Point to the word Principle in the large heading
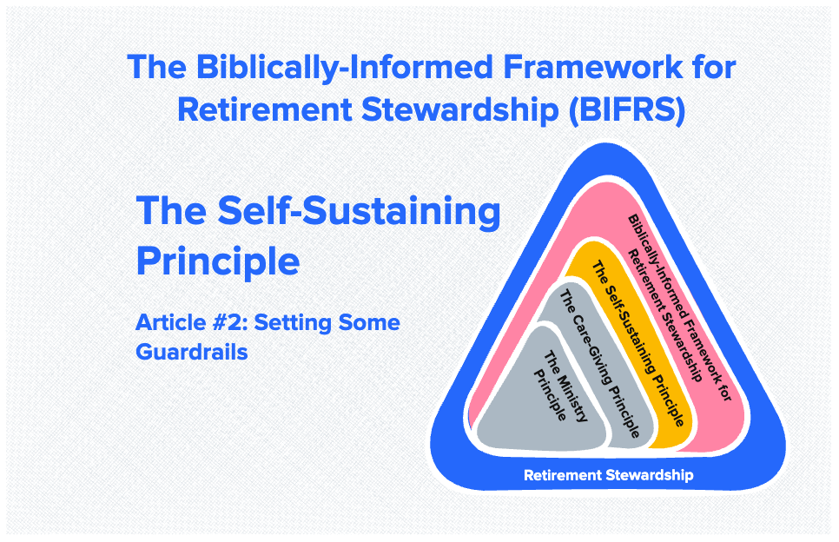218,261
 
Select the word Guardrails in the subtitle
192,353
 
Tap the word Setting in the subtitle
301,324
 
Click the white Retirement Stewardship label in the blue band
608,475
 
